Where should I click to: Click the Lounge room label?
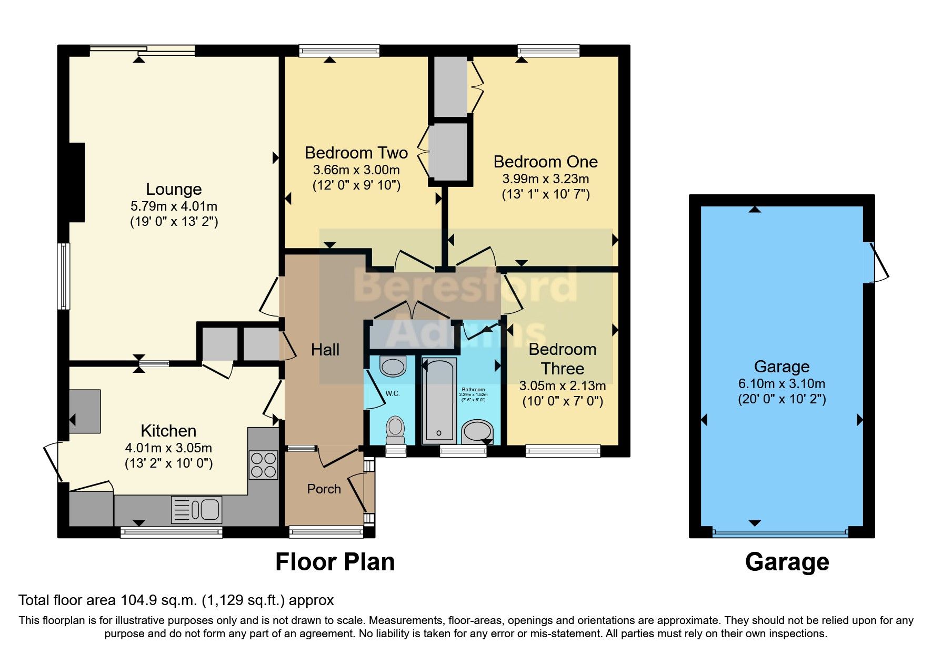(174, 189)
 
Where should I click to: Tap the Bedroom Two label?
(356, 153)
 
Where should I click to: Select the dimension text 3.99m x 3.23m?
(545, 179)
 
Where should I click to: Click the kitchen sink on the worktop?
(197, 510)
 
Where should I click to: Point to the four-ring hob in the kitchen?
(263, 465)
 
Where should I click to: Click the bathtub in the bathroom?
(439, 400)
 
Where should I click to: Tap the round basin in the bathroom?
(478, 431)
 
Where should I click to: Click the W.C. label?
(393, 393)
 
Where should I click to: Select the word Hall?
(325, 350)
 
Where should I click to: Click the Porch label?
(324, 489)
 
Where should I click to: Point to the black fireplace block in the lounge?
(77, 182)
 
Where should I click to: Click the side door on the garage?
(878, 262)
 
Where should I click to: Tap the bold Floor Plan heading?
(335, 562)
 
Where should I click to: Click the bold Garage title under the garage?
(787, 562)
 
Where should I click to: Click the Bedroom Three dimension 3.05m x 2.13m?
(562, 386)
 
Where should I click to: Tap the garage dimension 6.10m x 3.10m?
(781, 383)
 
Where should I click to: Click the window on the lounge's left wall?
(64, 276)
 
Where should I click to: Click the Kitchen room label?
(168, 431)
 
